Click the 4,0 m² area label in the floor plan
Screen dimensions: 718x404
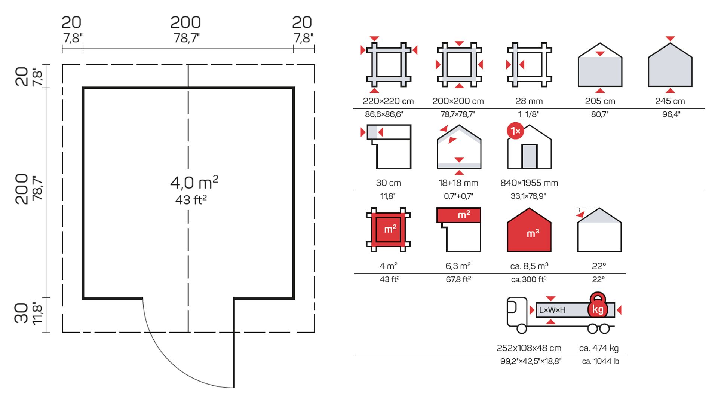tap(194, 182)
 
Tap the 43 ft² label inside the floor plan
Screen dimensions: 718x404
tap(191, 200)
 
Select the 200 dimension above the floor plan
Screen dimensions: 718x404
tap(185, 22)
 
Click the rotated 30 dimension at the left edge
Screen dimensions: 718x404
tap(22, 313)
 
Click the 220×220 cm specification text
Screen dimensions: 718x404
tap(388, 101)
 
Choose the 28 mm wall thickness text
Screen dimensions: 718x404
tap(529, 101)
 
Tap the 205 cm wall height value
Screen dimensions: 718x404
tap(600, 101)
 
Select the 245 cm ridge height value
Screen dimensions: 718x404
tap(670, 101)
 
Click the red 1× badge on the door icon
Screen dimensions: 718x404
tap(515, 131)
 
